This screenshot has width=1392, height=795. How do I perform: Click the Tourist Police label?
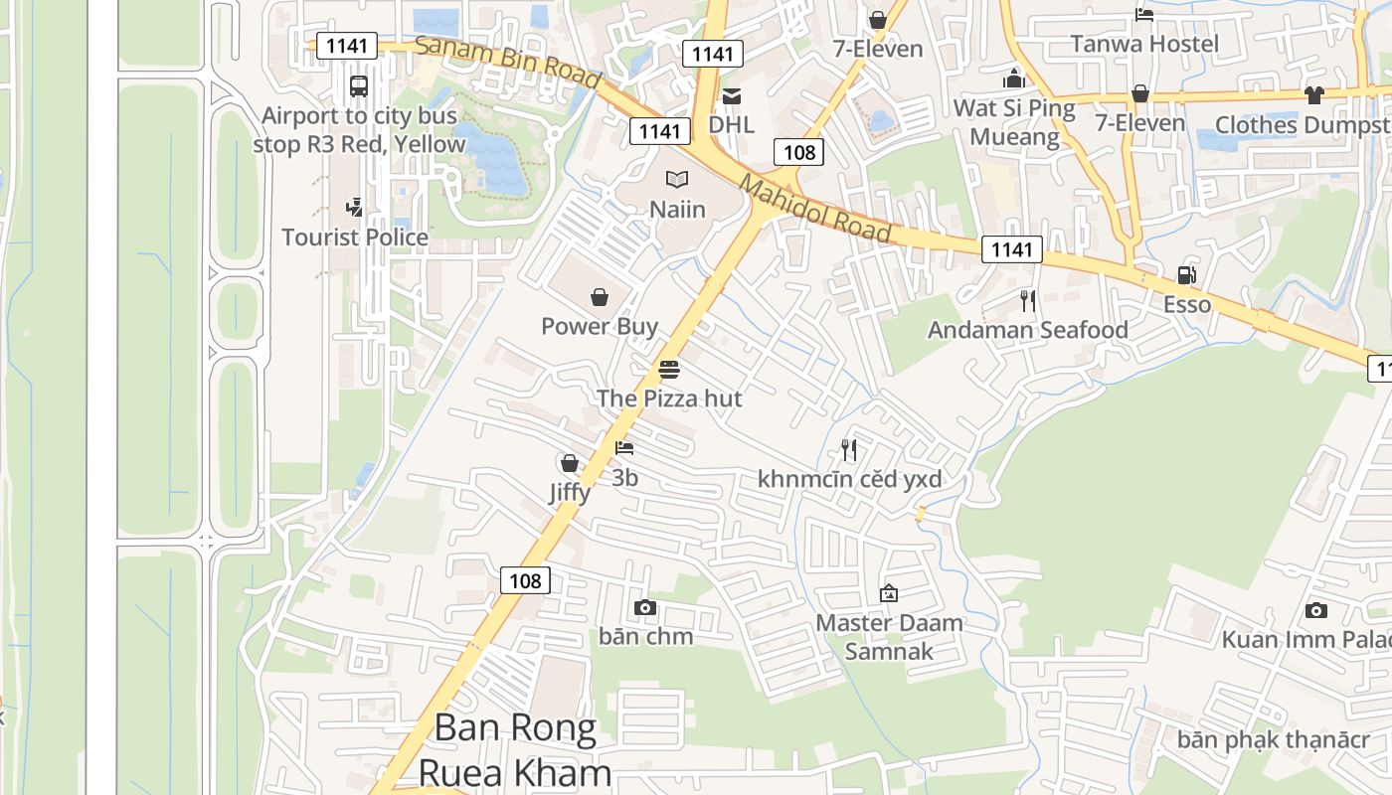click(355, 238)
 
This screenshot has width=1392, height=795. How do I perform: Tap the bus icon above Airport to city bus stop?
click(359, 86)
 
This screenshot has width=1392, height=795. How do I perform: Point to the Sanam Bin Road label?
click(507, 61)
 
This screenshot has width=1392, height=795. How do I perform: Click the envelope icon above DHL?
click(732, 96)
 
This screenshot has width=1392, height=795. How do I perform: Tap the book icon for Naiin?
click(677, 180)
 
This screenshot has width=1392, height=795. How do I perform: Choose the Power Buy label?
click(600, 326)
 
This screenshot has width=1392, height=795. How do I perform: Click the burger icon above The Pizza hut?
click(669, 371)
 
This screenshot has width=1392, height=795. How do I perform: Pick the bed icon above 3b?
click(624, 449)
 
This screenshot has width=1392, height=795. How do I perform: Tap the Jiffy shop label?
click(570, 492)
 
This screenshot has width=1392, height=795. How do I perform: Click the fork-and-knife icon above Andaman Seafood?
click(1028, 301)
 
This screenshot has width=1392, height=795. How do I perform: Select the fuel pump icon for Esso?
click(1186, 275)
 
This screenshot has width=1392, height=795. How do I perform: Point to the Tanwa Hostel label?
click(1143, 44)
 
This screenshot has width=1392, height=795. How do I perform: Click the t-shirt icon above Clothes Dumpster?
click(1314, 95)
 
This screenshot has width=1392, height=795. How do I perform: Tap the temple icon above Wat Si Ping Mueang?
click(1014, 79)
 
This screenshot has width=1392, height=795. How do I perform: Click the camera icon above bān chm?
click(645, 607)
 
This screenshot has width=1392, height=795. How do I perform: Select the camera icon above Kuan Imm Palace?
click(1316, 610)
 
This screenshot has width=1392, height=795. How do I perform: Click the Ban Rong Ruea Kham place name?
click(515, 750)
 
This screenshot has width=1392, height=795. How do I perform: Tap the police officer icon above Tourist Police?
click(355, 207)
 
